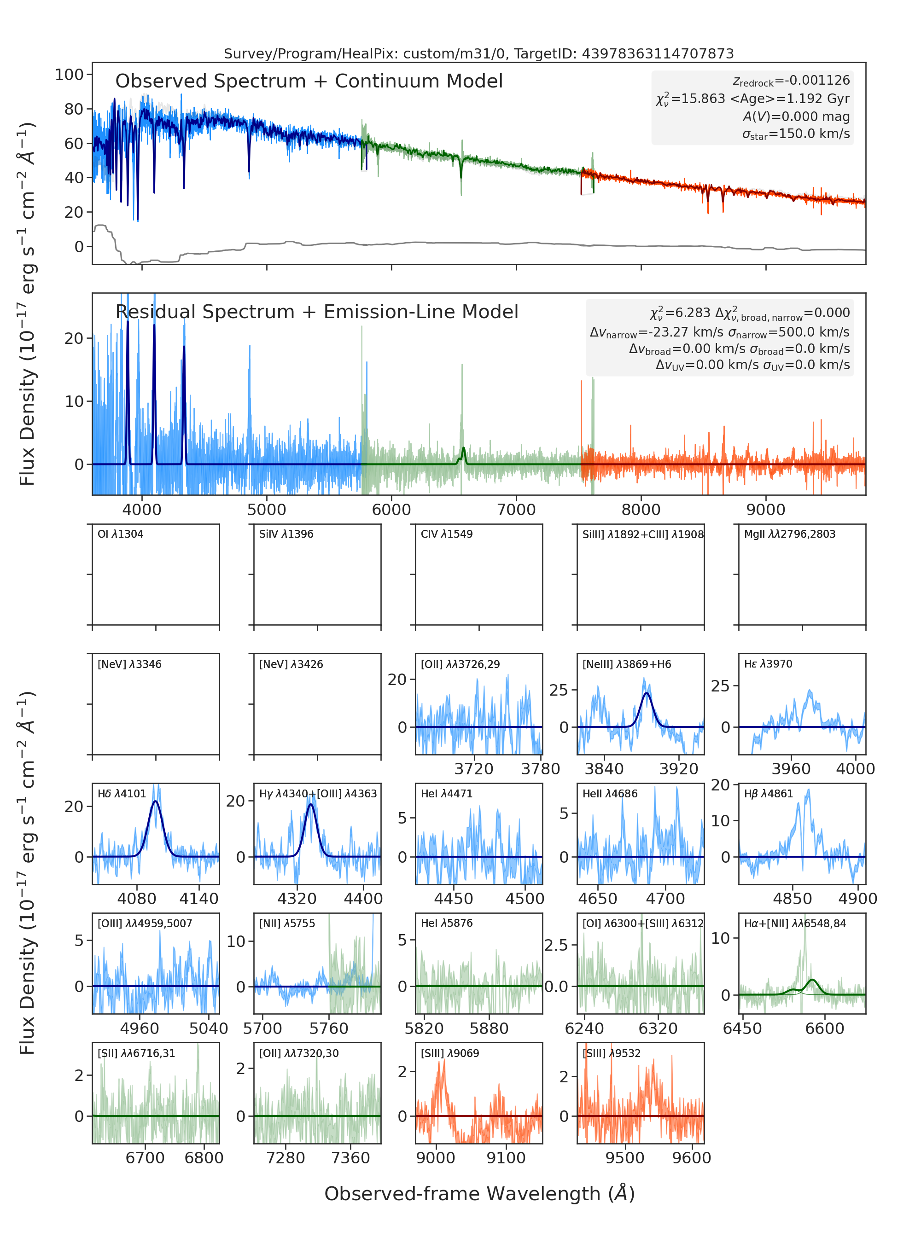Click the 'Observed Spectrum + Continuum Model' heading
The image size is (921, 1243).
point(309,81)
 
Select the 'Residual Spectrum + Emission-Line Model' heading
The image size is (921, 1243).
point(317,312)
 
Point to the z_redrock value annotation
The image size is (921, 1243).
point(791,81)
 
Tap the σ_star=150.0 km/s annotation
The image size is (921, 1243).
point(796,134)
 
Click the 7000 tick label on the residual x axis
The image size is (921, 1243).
point(516,510)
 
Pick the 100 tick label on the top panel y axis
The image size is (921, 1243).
point(69,74)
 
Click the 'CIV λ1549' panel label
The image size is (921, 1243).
point(447,534)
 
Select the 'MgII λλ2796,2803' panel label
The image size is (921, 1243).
point(789,534)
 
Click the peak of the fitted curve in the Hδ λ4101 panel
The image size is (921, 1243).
point(155,802)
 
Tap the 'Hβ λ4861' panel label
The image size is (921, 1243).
point(768,794)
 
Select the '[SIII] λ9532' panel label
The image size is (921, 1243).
point(612,1053)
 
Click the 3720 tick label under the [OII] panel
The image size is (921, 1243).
point(474,769)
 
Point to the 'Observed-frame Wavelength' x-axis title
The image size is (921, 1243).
point(479,1193)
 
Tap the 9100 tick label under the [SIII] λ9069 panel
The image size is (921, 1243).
point(506,1158)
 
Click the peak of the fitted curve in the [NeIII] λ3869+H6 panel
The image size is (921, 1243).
point(646,693)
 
